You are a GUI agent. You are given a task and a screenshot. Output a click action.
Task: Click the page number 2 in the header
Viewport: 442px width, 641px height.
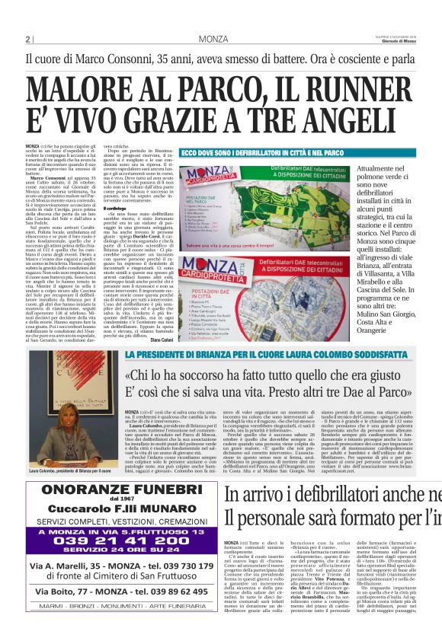(28, 40)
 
